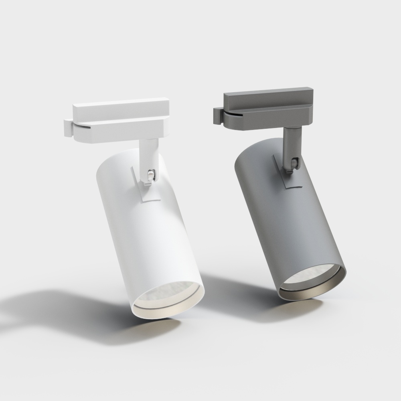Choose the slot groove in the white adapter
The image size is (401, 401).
click(82, 127)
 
